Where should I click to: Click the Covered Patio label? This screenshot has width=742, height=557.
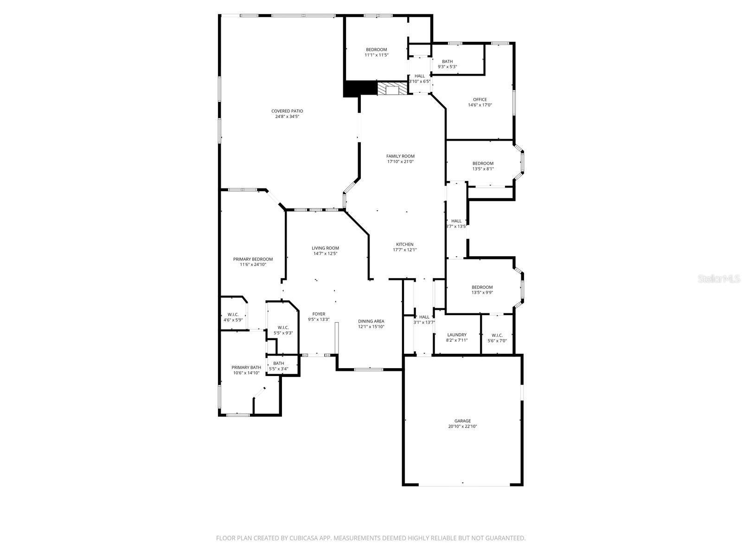[287, 111]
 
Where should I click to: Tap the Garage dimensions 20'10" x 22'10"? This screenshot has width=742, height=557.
[462, 426]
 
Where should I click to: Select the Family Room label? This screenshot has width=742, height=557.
[401, 156]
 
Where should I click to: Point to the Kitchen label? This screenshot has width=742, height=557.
[404, 244]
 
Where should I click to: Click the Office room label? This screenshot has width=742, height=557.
[480, 99]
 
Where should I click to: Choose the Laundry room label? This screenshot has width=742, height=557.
[457, 335]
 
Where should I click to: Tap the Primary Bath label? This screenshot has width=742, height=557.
[246, 367]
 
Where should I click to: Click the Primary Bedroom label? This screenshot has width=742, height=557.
[253, 259]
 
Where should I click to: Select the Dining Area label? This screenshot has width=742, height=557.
[371, 321]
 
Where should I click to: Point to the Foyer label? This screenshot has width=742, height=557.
[319, 314]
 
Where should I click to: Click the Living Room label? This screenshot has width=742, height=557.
[325, 248]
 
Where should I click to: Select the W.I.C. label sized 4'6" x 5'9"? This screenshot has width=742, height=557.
[233, 314]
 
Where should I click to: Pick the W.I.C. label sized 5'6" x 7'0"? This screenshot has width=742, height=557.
[497, 335]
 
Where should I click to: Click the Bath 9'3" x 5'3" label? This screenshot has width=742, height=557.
[447, 61]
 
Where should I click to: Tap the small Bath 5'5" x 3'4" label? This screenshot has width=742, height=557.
[279, 363]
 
